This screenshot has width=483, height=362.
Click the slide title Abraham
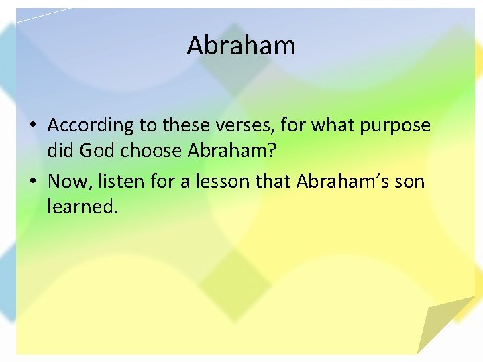[x=241, y=46]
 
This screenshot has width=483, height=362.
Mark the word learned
[x=82, y=206]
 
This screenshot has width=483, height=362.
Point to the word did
[x=60, y=151]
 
